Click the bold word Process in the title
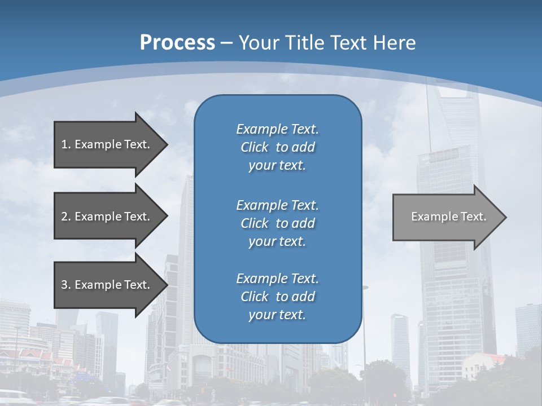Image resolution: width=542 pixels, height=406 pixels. pyautogui.click(x=177, y=43)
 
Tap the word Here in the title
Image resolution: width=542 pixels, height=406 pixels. pyautogui.click(x=394, y=43)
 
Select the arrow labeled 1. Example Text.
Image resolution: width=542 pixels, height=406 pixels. pyautogui.click(x=106, y=144)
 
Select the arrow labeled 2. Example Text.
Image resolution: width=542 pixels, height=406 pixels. pyautogui.click(x=106, y=217)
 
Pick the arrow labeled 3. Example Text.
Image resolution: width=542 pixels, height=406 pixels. pyautogui.click(x=106, y=285)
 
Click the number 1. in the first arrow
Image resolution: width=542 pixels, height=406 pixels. pyautogui.click(x=65, y=144)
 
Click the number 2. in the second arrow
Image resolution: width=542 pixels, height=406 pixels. pyautogui.click(x=65, y=217)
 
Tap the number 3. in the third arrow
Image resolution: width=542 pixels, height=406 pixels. pyautogui.click(x=65, y=285)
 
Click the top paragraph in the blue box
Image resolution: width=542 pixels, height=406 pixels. pyautogui.click(x=277, y=147)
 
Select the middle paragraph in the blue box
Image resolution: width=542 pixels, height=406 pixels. pyautogui.click(x=277, y=223)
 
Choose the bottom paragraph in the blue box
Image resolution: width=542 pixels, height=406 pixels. pyautogui.click(x=277, y=297)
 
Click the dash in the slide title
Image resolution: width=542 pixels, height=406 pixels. pyautogui.click(x=226, y=43)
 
